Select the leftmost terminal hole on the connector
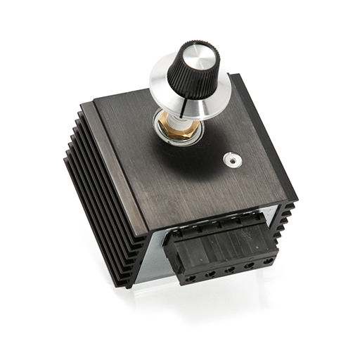[x=190, y=278]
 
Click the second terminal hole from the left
[x=210, y=273]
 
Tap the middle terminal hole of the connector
[x=229, y=269]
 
